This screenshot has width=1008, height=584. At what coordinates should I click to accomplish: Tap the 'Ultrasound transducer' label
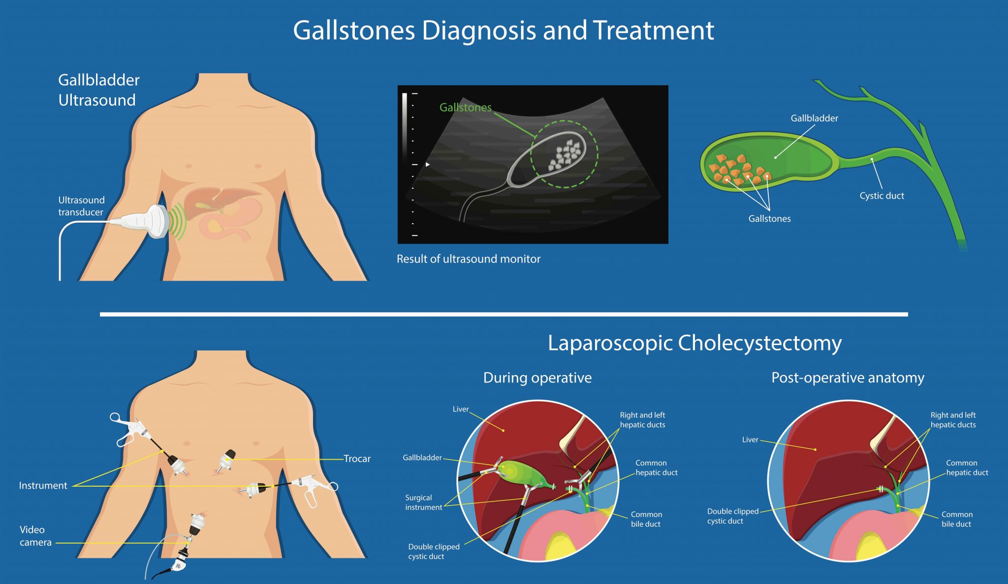81,206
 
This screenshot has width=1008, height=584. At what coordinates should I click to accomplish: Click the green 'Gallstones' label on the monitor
465,107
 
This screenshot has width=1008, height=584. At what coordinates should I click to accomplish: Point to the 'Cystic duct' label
882,196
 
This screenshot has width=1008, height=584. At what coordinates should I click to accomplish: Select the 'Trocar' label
357,459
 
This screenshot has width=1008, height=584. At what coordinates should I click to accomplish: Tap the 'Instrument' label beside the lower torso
43,486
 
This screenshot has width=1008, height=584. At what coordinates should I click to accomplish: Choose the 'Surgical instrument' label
423,502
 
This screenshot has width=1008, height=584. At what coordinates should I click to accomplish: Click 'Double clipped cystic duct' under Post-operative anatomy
732,516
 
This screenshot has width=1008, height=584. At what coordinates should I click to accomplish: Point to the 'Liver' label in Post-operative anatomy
750,439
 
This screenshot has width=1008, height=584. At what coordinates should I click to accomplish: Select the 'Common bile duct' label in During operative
646,519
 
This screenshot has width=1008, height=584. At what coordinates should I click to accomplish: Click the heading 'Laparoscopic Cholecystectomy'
694,343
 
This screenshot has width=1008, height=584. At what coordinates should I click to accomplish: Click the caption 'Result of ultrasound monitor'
468,259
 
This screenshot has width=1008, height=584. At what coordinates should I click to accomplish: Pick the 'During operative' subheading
537,378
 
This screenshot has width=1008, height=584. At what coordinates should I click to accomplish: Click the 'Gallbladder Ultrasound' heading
98,90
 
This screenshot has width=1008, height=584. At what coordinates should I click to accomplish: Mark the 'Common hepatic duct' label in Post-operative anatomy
967,467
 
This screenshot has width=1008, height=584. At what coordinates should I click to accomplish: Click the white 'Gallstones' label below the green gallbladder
769,219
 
